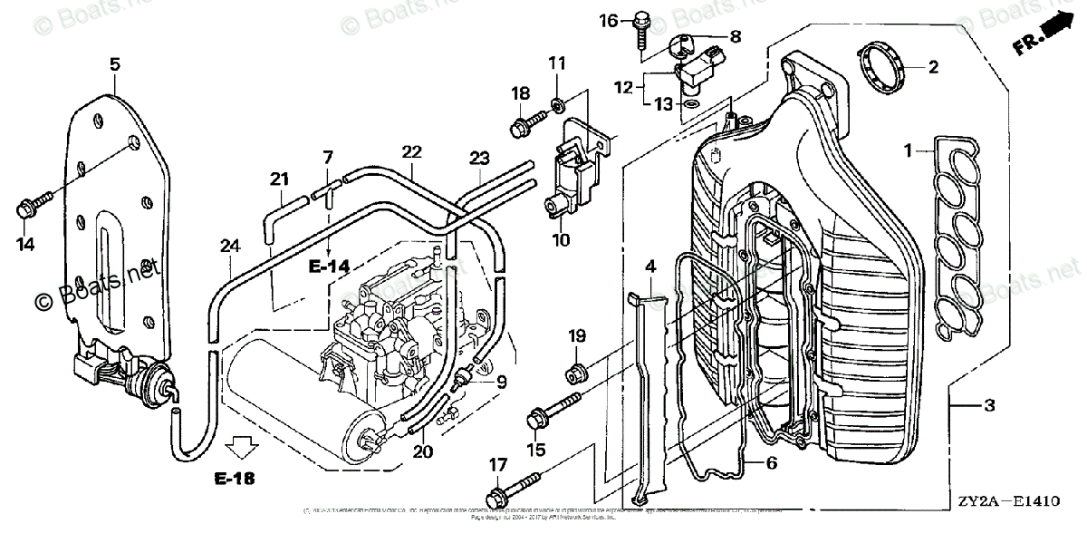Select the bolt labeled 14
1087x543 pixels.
point(24,209)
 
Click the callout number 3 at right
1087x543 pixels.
point(988,405)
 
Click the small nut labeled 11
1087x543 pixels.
point(557,96)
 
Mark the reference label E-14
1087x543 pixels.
point(328,267)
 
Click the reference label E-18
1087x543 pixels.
point(235,478)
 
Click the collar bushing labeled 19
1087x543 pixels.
point(574,371)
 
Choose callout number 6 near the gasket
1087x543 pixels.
point(771,462)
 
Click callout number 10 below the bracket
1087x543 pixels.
point(561,240)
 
